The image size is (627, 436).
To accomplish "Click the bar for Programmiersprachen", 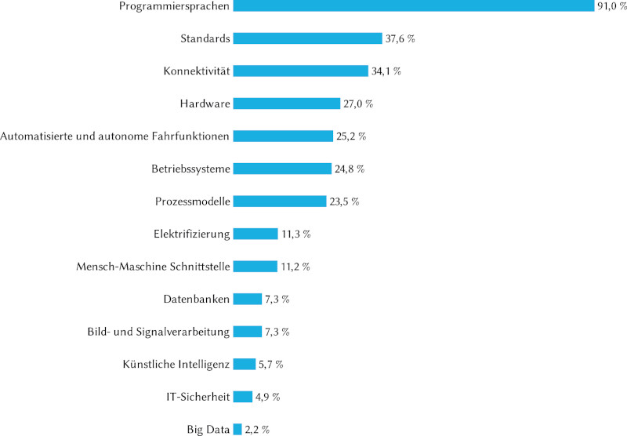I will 414,6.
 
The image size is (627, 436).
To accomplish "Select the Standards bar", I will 307,38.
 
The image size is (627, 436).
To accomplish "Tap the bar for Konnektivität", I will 300,71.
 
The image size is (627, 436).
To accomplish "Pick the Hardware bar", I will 286,104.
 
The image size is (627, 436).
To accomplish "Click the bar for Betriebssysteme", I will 282,169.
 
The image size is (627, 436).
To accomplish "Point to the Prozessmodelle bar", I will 280,202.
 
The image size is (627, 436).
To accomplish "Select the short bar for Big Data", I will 237,429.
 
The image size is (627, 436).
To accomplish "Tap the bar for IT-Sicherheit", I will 243,397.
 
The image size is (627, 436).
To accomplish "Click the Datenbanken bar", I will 248,299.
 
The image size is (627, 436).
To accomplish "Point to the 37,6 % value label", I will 399,38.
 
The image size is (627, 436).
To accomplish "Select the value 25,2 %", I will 351,136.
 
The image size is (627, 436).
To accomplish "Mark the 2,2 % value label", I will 258,429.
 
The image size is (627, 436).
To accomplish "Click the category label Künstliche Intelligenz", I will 176,364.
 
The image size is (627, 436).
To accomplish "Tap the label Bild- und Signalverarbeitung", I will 158,332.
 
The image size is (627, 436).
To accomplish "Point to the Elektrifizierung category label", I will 192,234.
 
